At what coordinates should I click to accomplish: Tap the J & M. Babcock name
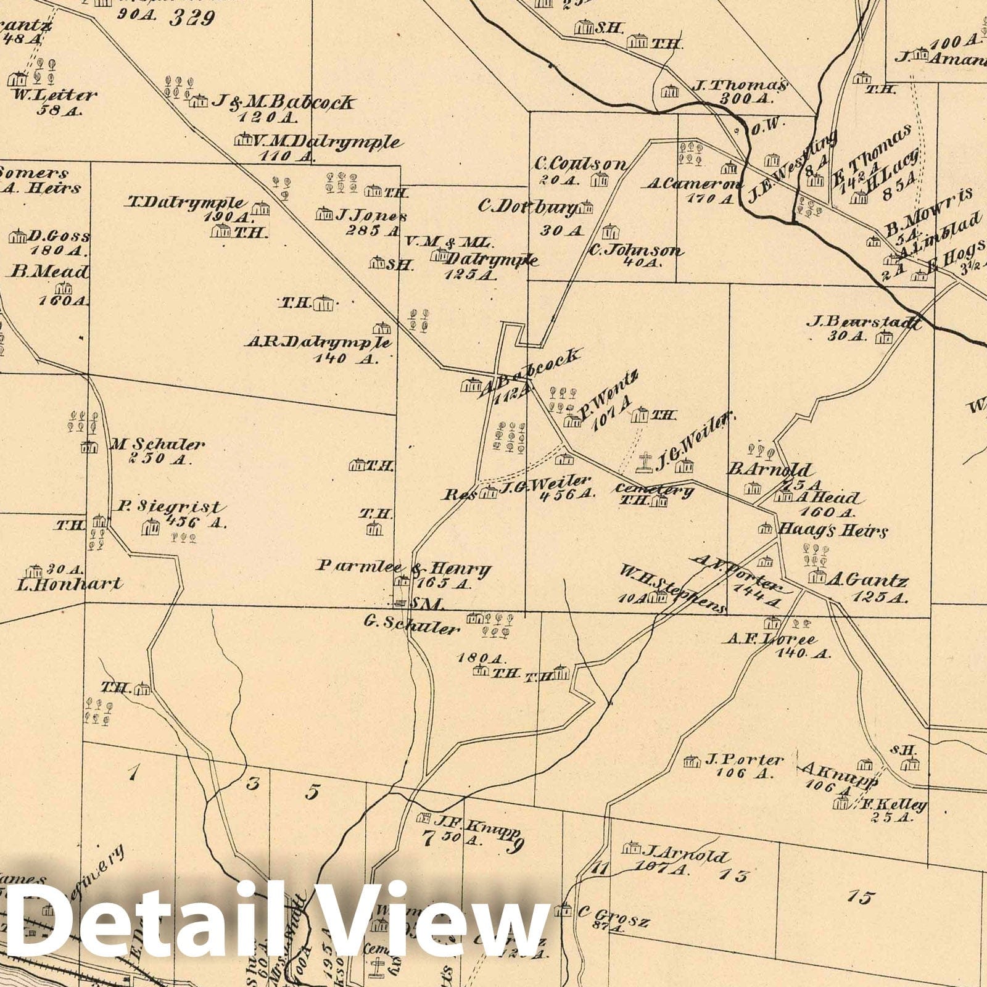(283, 102)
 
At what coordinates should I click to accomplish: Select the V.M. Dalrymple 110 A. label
(326, 142)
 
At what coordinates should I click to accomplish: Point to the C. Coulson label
(580, 164)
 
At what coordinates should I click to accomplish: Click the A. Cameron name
(694, 184)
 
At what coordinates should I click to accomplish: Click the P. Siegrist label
(168, 508)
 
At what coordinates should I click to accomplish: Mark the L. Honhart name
(68, 583)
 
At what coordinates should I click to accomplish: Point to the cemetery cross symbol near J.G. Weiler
(645, 463)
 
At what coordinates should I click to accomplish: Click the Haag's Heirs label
(833, 530)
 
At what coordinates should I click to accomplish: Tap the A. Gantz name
(867, 580)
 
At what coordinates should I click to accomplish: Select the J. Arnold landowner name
(685, 855)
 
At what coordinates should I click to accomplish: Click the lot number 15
(861, 897)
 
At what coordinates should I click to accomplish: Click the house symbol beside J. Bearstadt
(885, 337)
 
